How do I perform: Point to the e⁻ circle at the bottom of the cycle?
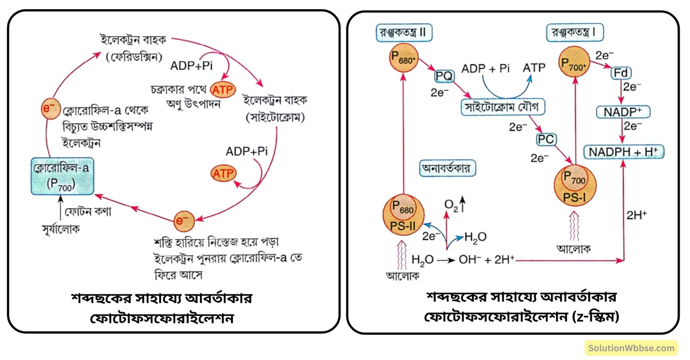tap(182, 220)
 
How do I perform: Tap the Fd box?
tap(620, 74)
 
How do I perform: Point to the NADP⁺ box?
tap(620, 111)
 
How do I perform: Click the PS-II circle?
tap(403, 215)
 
